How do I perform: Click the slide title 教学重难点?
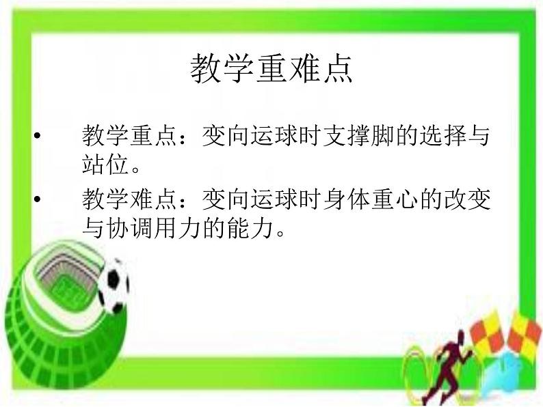click(271, 69)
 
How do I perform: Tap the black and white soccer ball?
click(112, 283)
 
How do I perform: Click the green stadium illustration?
click(55, 300)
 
